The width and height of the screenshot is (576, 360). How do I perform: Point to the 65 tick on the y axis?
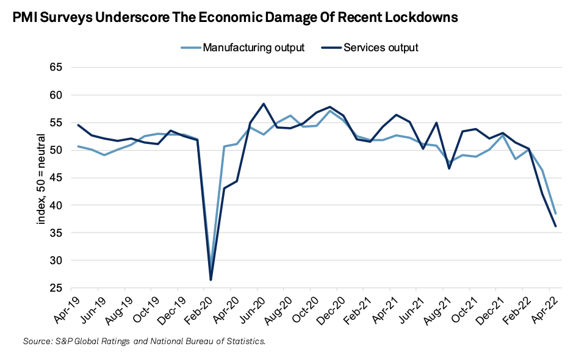click(x=56, y=67)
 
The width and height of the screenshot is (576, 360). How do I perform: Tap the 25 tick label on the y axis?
click(x=56, y=288)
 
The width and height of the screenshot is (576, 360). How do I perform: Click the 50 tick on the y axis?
click(x=56, y=150)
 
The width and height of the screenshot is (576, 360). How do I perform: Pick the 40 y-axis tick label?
click(x=56, y=205)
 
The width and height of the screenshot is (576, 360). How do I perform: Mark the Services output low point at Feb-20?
click(x=211, y=279)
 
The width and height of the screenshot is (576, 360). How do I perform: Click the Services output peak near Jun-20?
click(x=263, y=104)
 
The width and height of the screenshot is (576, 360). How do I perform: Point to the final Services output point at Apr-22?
click(x=556, y=226)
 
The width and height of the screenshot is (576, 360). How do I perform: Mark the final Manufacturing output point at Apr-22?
click(x=556, y=214)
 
